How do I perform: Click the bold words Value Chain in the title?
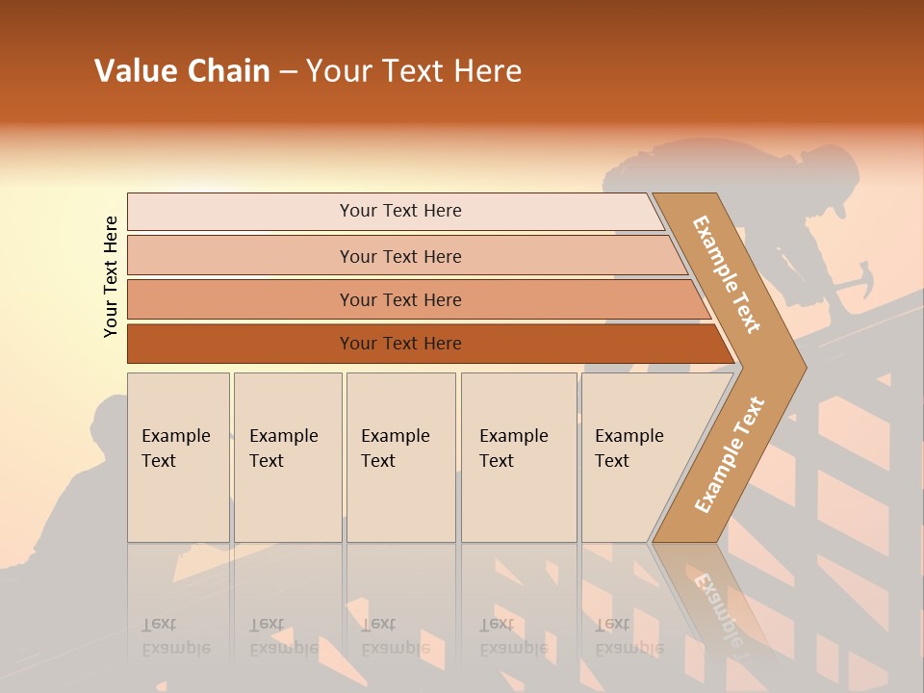point(182,71)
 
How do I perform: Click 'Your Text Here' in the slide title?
point(414,71)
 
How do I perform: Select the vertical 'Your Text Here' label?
point(111,276)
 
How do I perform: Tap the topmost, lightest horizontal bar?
point(399,211)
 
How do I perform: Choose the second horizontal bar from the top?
point(399,256)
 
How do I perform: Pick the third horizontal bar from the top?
point(399,299)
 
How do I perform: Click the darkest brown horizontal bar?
point(399,344)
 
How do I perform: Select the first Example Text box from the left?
point(178,456)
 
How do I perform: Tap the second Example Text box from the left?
point(287,456)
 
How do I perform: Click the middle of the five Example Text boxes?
point(400,456)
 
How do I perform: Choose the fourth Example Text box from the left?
point(518,456)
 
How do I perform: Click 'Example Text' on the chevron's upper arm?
point(727,274)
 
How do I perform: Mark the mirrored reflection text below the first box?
point(175,636)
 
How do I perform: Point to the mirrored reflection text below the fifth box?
point(628,636)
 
